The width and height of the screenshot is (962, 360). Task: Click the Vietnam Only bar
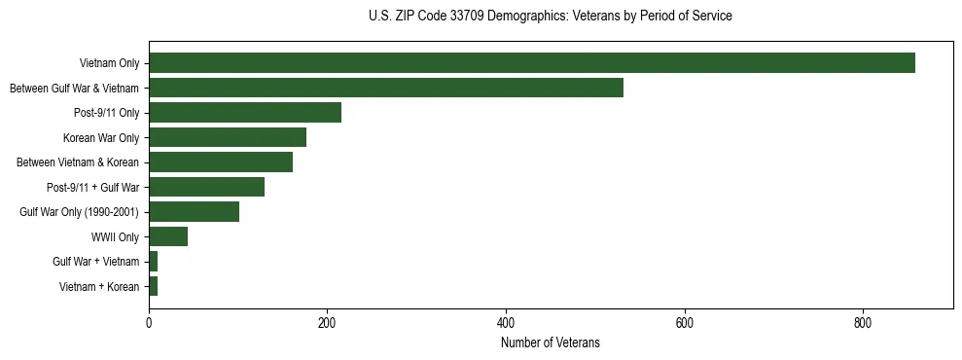pos(531,63)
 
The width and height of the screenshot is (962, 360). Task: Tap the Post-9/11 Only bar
pos(245,113)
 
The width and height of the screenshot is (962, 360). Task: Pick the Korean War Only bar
pos(228,137)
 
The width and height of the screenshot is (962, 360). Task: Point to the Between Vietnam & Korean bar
pos(221,162)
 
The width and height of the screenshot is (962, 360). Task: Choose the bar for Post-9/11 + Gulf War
pos(206,187)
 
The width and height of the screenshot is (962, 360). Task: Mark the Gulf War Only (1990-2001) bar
pos(194,211)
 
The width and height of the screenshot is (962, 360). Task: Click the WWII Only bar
pos(168,236)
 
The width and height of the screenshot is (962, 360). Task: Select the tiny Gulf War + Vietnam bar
pos(153,261)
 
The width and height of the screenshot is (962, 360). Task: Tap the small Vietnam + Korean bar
pos(153,286)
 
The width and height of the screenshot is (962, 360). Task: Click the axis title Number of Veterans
pos(551,342)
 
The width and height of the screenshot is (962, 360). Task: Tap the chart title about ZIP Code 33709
pos(551,17)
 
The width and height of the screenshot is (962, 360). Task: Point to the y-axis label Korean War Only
pos(101,137)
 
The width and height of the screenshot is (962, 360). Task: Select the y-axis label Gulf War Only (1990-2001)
pos(80,211)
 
